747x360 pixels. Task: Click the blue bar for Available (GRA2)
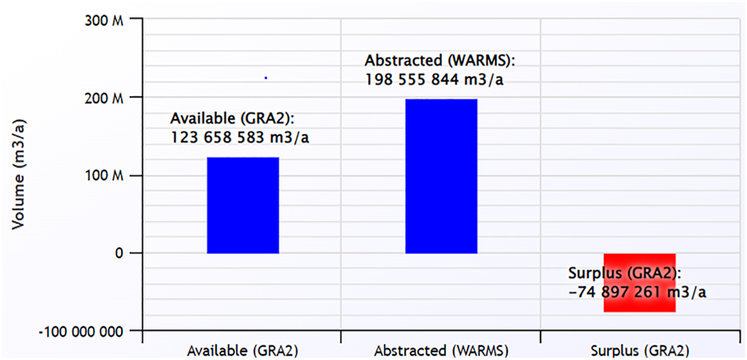[x=242, y=205]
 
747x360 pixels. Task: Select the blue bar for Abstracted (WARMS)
[x=441, y=176]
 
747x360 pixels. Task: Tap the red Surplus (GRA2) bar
[x=639, y=283]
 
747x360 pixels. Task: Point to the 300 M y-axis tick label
[x=105, y=20]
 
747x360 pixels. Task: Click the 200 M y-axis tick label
[x=105, y=98]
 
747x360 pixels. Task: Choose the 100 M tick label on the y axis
[x=105, y=176]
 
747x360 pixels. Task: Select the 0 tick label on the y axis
[x=119, y=253]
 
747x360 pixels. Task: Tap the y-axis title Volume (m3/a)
[x=18, y=174]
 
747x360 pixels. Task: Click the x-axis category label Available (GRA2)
[x=242, y=350]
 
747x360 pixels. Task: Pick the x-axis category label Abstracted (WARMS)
[x=440, y=350]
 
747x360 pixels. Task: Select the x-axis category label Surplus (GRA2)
[x=639, y=350]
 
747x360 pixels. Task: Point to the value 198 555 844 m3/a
[x=434, y=79]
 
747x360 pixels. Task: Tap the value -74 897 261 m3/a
[x=638, y=292]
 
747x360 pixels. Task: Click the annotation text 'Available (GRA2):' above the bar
[x=232, y=118]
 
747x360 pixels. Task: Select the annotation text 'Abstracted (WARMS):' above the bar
[x=440, y=61]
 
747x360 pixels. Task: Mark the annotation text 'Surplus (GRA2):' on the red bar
[x=624, y=273]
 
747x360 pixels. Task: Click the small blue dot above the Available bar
[x=265, y=78]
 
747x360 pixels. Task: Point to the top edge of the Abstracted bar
[x=441, y=100]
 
